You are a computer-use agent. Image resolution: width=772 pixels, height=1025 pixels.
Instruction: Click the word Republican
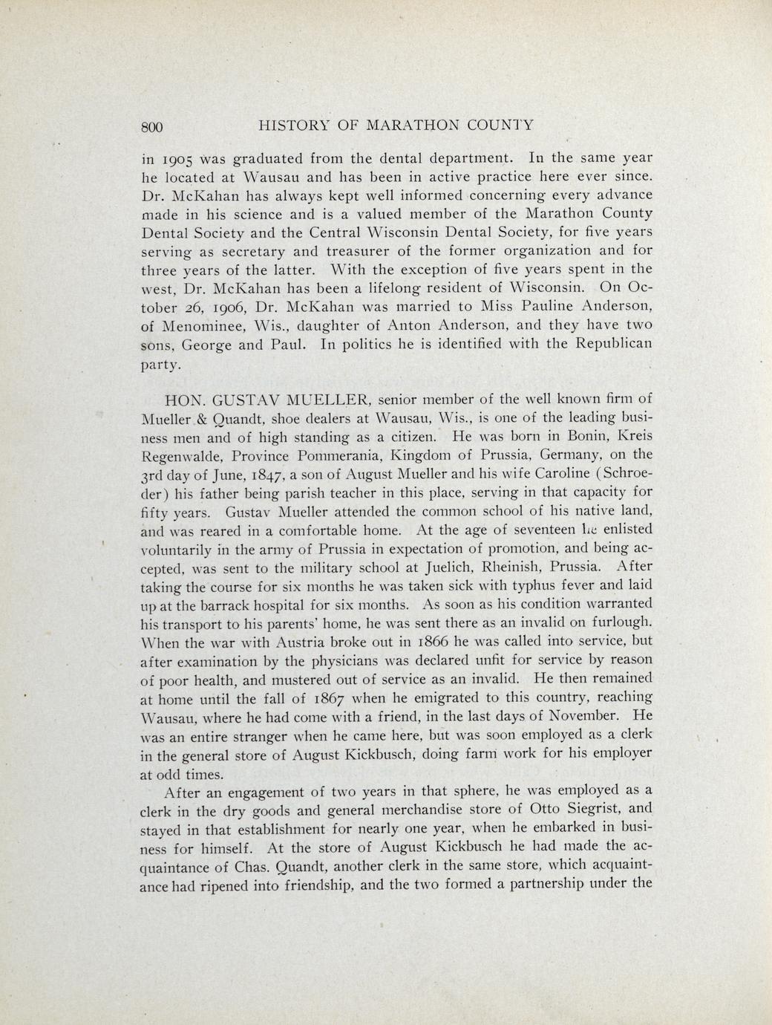611,344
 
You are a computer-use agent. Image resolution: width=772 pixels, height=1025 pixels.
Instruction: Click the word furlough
620,622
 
